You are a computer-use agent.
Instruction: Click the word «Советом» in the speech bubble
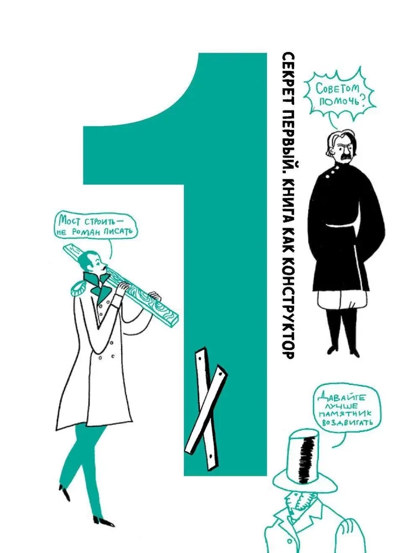(337, 88)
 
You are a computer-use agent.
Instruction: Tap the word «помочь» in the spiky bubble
(339, 101)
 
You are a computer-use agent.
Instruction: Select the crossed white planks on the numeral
(206, 409)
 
